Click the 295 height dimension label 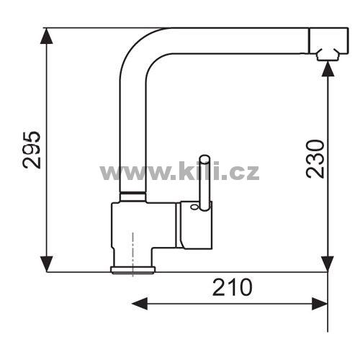pos(32,150)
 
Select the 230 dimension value pos(315,159)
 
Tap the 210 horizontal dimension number pos(233,287)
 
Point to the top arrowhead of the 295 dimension pos(47,36)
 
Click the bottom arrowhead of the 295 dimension pos(47,264)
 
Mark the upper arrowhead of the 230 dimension pos(328,69)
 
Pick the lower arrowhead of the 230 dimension pos(328,264)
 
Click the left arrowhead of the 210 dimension pos(140,304)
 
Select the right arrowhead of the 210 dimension pos(320,304)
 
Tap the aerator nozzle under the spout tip pos(328,55)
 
